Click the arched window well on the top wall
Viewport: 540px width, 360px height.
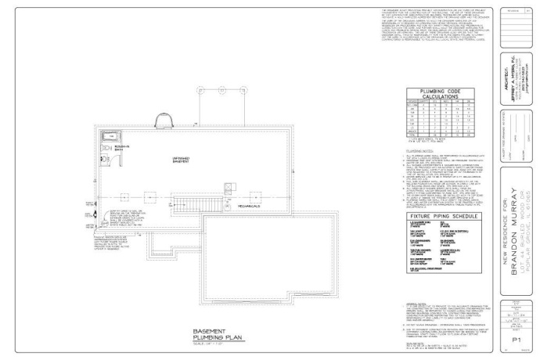click(x=165, y=120)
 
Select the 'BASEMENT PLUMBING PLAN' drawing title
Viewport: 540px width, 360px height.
click(x=215, y=333)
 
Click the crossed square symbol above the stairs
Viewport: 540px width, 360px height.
click(x=206, y=187)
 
